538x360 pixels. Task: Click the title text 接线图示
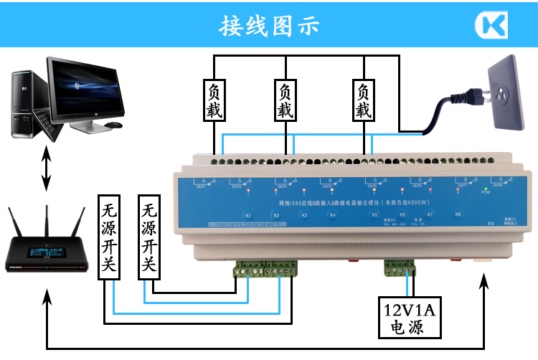click(x=268, y=26)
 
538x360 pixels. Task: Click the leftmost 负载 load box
click(x=214, y=101)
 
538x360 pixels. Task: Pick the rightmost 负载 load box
click(x=364, y=101)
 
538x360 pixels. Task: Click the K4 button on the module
click(x=332, y=215)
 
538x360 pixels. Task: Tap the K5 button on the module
click(x=374, y=215)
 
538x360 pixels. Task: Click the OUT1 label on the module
click(x=200, y=186)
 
